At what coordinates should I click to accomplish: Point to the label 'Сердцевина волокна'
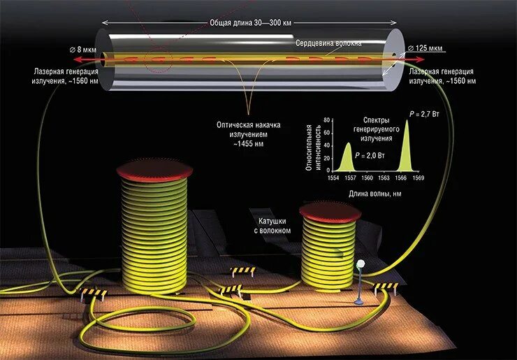(x=328, y=43)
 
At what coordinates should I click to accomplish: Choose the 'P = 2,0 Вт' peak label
(x=370, y=155)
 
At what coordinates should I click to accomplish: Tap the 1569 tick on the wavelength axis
(x=418, y=178)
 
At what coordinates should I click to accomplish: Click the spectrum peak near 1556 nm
(x=347, y=145)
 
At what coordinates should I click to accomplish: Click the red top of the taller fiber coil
(x=154, y=168)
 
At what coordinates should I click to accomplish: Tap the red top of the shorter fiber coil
(x=330, y=210)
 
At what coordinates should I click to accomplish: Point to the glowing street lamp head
(x=361, y=264)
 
